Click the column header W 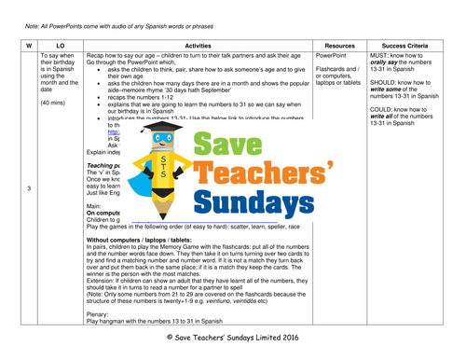click(x=27, y=44)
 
